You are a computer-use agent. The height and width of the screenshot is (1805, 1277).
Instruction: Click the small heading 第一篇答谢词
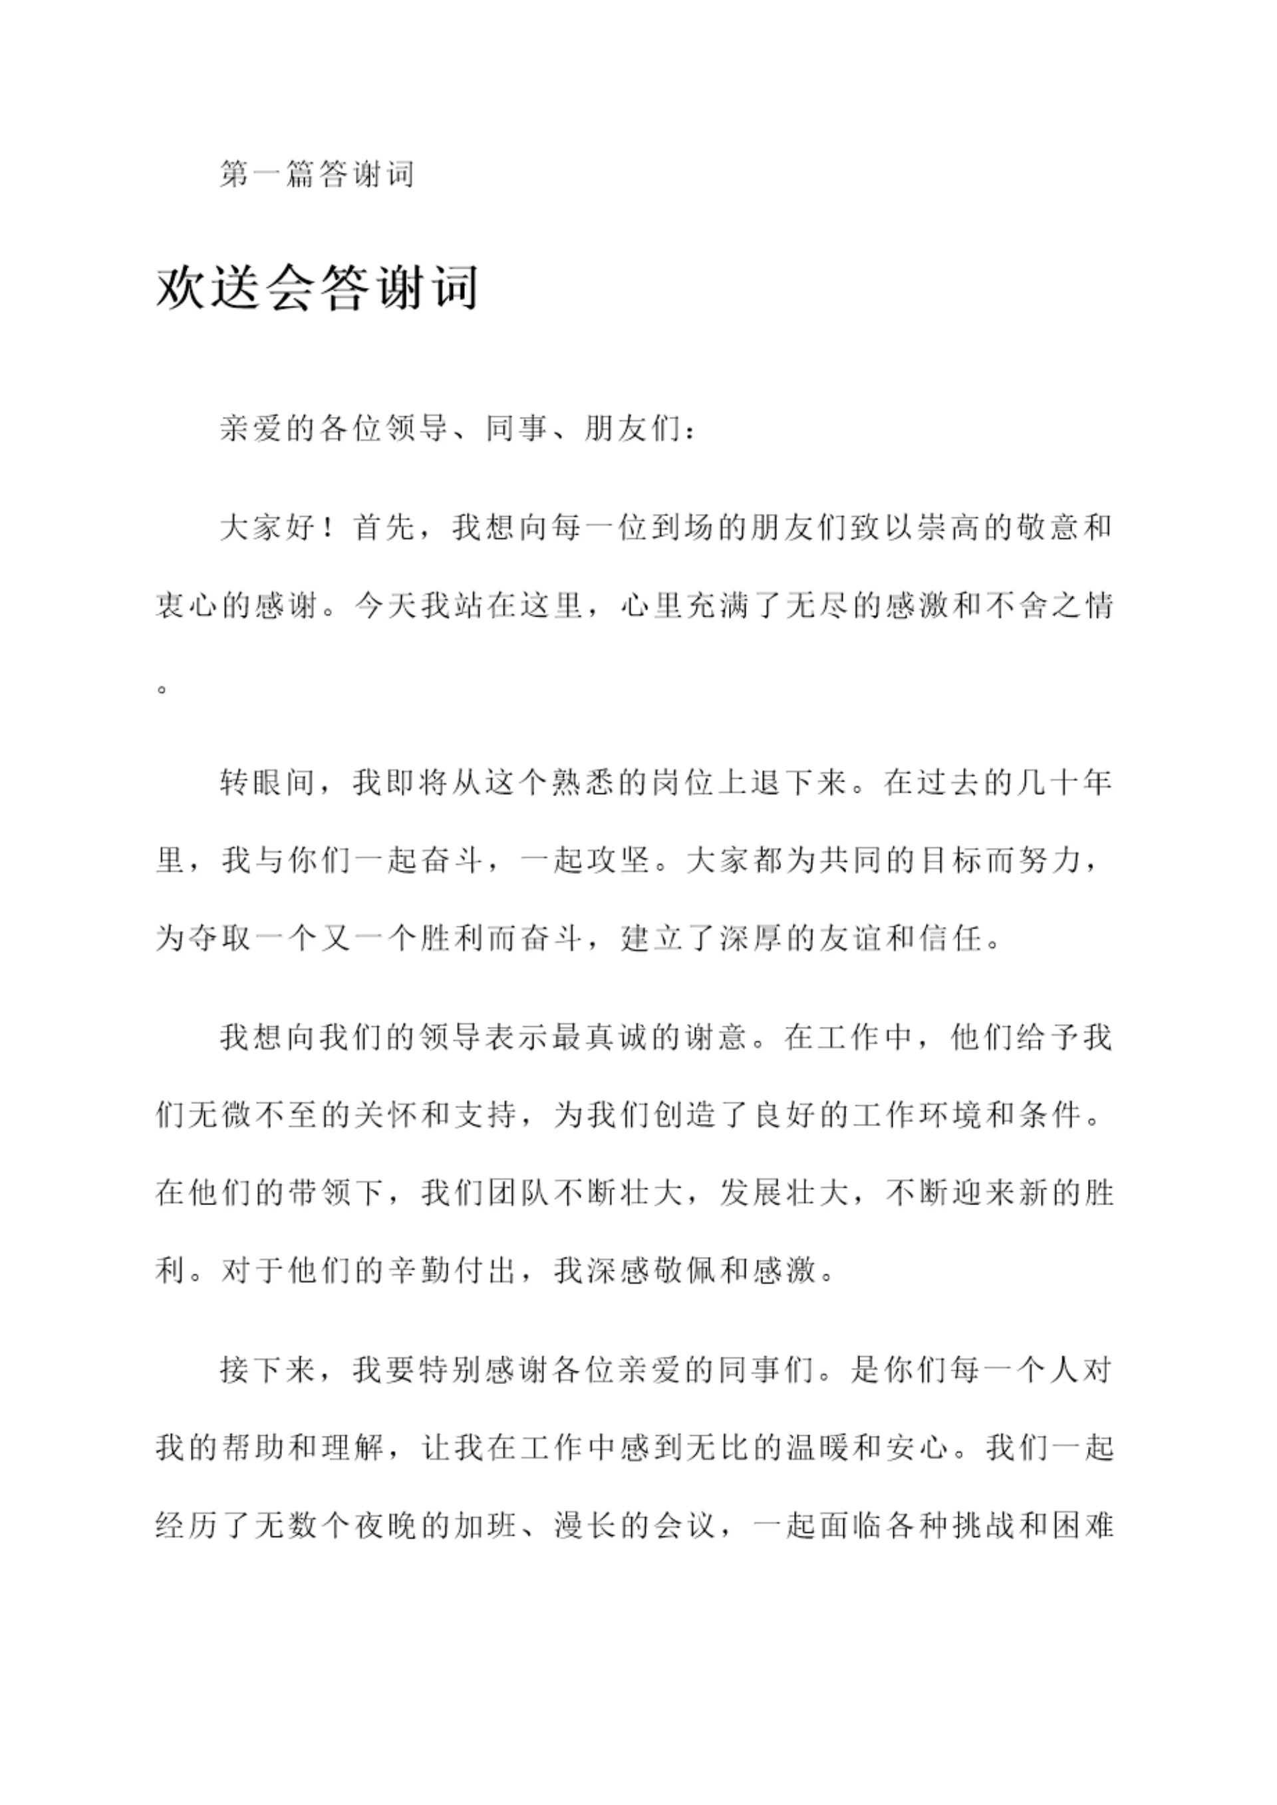pyautogui.click(x=317, y=174)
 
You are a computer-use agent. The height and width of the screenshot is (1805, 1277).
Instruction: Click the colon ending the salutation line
pyautogui.click(x=690, y=432)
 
